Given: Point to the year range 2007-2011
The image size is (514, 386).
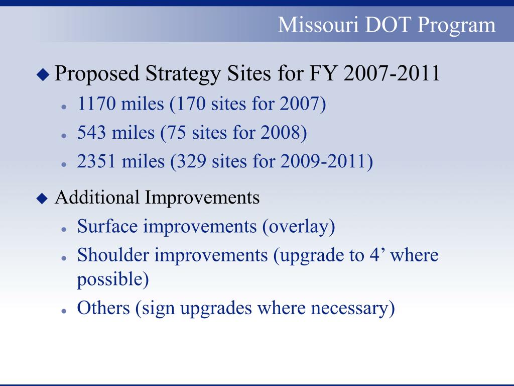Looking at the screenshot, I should [x=392, y=73].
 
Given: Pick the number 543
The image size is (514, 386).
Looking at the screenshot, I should [x=92, y=133].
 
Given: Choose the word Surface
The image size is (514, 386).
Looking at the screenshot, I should [x=107, y=226].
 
